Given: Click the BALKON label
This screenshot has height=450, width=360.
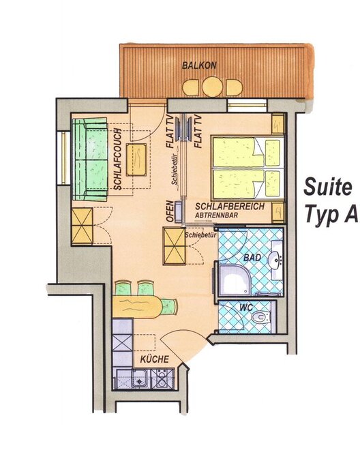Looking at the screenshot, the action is pyautogui.click(x=199, y=65).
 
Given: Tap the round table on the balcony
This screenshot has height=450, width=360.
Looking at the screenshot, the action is pyautogui.click(x=212, y=86).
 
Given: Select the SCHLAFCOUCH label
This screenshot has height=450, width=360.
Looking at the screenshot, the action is pyautogui.click(x=117, y=160).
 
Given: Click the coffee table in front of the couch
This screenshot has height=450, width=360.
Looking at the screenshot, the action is pyautogui.click(x=136, y=160).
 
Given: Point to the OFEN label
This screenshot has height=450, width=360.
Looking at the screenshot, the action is pyautogui.click(x=170, y=211).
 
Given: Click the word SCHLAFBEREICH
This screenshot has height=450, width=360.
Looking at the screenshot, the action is pyautogui.click(x=230, y=207).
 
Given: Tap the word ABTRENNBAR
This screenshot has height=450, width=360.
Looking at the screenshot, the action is pyautogui.click(x=216, y=215).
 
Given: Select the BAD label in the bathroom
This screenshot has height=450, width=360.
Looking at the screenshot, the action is pyautogui.click(x=252, y=257).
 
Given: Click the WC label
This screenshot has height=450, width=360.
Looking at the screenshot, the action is pyautogui.click(x=247, y=307).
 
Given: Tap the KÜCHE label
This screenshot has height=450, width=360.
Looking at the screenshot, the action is pyautogui.click(x=155, y=359).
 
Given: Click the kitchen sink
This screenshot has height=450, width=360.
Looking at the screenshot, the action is pyautogui.click(x=140, y=378).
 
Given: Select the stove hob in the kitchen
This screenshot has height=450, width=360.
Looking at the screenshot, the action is pyautogui.click(x=162, y=378).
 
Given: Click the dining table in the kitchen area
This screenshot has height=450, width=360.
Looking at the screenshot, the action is pyautogui.click(x=137, y=307).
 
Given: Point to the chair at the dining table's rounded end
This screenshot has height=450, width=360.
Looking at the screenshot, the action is pyautogui.click(x=169, y=307).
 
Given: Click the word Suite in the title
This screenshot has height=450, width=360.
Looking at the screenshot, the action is pyautogui.click(x=327, y=187).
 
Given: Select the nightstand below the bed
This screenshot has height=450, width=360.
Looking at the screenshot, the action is pyautogui.click(x=278, y=212).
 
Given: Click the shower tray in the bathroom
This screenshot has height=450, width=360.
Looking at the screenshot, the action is pyautogui.click(x=234, y=280).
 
